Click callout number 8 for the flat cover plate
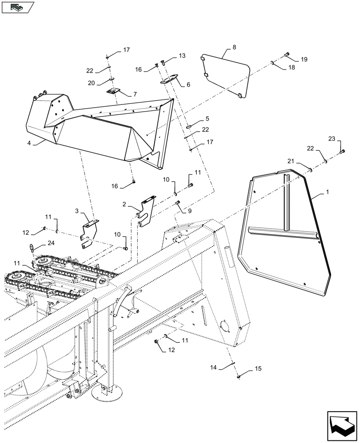pyautogui.click(x=234, y=47)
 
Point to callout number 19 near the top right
pyautogui.click(x=303, y=59)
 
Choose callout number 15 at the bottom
pyautogui.click(x=258, y=369)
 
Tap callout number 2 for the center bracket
pyautogui.click(x=125, y=204)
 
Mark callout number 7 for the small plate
pyautogui.click(x=135, y=94)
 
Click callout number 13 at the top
pyautogui.click(x=182, y=56)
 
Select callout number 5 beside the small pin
pyautogui.click(x=207, y=119)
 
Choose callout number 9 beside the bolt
pyautogui.click(x=190, y=211)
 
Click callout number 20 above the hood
pyautogui.click(x=91, y=83)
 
